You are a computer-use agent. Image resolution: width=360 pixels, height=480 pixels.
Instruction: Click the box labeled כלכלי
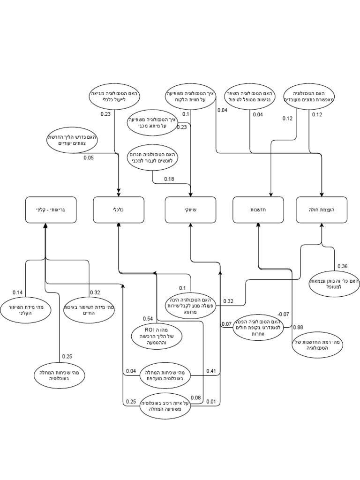pyautogui.click(x=119, y=210)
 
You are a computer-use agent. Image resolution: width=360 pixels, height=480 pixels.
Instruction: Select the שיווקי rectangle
pyautogui.click(x=191, y=210)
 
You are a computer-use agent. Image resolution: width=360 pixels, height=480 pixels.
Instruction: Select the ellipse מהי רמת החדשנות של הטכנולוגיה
pyautogui.click(x=319, y=346)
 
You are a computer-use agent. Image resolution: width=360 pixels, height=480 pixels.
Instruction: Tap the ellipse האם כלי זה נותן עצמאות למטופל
pyautogui.click(x=334, y=284)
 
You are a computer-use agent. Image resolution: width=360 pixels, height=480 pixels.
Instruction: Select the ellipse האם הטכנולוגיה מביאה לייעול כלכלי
pyautogui.click(x=114, y=97)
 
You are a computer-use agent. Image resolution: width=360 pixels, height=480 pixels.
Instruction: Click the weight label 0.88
pyautogui.click(x=298, y=327)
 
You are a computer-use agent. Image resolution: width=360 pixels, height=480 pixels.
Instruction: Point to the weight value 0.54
pyautogui.click(x=148, y=319)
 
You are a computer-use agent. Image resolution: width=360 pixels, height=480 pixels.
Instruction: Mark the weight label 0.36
pyautogui.click(x=342, y=266)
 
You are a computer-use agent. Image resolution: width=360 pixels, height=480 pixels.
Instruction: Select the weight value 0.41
pyautogui.click(x=211, y=371)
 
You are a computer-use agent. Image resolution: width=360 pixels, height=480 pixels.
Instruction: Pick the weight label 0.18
pyautogui.click(x=169, y=179)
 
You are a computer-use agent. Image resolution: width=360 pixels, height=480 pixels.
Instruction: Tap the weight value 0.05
pyautogui.click(x=89, y=157)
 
